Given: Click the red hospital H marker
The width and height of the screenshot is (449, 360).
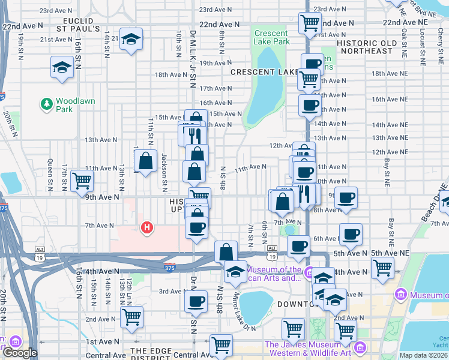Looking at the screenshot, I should (x=146, y=227).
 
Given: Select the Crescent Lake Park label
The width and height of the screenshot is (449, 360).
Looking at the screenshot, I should (x=272, y=37).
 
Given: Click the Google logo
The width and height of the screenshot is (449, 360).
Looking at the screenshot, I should (x=19, y=353).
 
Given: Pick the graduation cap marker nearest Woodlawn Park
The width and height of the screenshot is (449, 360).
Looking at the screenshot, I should (x=62, y=67).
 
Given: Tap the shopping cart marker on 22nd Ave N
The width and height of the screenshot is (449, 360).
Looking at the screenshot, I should (x=310, y=23).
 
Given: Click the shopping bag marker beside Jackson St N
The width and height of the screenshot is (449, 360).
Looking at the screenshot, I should (x=146, y=160).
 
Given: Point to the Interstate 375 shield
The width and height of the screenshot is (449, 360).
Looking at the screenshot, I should (x=170, y=263).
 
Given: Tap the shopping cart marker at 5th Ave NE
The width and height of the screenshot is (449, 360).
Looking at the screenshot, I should (x=382, y=268).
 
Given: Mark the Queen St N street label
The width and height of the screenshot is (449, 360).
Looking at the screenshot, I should (x=50, y=175).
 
